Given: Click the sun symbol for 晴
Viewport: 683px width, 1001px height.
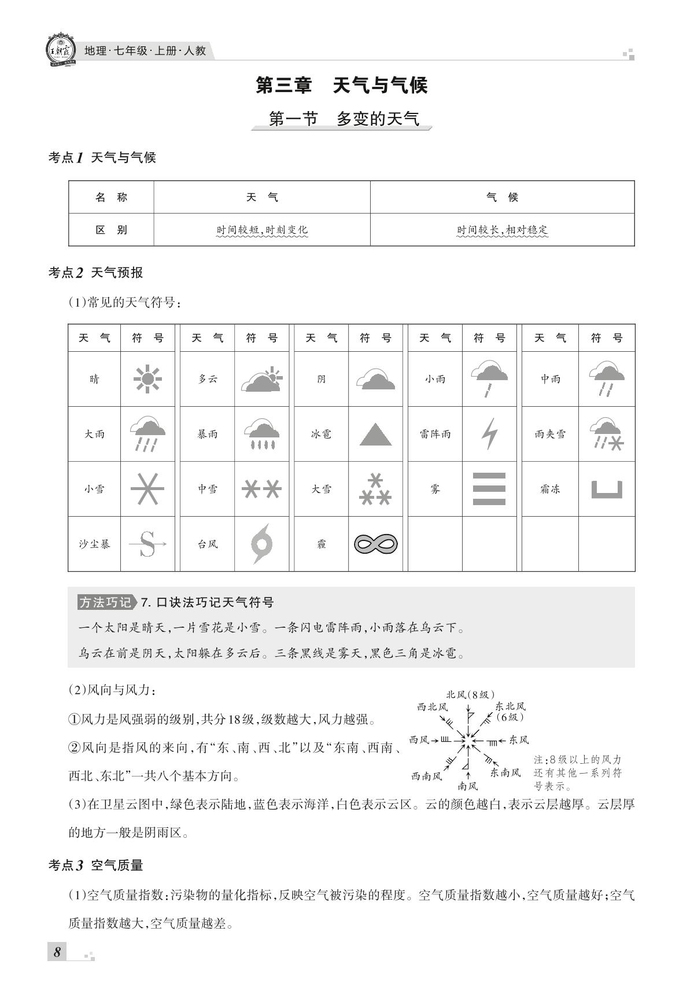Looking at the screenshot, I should pos(147,379).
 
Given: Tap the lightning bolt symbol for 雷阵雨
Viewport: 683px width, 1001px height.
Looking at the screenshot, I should pos(490,433).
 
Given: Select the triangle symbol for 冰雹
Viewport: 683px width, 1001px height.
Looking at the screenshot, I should pos(375,434).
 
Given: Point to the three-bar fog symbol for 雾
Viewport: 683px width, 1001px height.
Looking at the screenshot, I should pos(489,489).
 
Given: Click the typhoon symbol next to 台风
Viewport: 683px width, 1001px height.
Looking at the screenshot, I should pos(261,544).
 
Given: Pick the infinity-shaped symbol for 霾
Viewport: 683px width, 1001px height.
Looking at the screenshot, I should pos(375,544).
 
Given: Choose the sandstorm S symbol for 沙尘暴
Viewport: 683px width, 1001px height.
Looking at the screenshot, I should pos(147,544).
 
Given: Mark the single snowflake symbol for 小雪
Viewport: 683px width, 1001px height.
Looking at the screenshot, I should pos(147,489).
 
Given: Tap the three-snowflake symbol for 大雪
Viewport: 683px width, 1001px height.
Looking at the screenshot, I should pos(375,489).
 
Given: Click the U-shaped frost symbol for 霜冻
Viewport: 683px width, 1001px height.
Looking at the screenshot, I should pos(607,490).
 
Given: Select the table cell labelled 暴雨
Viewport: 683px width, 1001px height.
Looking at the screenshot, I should pos(208,434).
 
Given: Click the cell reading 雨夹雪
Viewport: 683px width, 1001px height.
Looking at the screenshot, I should pos(550,434).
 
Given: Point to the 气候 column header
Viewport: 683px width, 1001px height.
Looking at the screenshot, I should pos(502,197).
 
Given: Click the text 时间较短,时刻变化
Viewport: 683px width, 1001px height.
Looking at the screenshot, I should pos(262,230).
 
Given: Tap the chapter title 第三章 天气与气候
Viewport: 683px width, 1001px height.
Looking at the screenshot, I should pos(341,86).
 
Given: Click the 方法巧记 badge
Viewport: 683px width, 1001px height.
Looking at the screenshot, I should pos(106,602).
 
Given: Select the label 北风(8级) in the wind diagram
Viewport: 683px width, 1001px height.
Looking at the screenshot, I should pos(470,694).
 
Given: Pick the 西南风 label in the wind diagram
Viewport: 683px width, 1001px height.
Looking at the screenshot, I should pos(426,776).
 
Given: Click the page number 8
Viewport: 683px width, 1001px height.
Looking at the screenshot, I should pos(57,952).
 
